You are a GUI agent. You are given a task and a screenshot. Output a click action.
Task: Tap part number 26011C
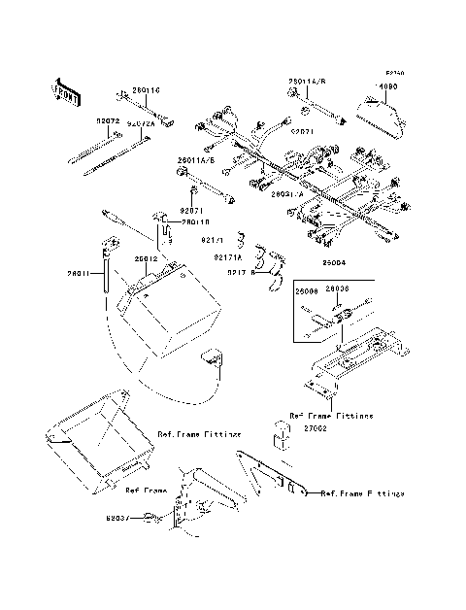pos(146,90)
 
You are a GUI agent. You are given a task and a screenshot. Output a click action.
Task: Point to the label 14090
pos(387,86)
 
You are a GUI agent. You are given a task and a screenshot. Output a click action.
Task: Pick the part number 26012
pos(147,258)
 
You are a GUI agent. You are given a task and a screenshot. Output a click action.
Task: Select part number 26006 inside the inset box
pos(308,289)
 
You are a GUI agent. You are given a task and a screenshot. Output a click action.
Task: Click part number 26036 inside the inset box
pos(338,289)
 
